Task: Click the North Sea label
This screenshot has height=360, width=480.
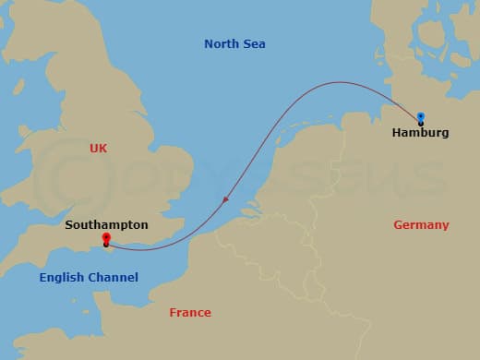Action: [x=234, y=43]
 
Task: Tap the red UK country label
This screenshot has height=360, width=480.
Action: [x=99, y=148]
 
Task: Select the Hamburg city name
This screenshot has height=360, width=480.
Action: [x=420, y=133]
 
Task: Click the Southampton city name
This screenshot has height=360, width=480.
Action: [x=106, y=224]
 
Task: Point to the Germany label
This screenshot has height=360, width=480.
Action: [x=421, y=225]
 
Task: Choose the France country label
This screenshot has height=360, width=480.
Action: [x=190, y=313]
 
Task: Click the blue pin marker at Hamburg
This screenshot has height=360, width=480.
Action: [x=420, y=117]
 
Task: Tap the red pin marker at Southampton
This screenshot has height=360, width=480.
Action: [x=106, y=240]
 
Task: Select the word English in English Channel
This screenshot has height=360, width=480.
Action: [x=61, y=278]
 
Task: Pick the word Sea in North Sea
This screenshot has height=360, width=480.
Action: [x=254, y=43]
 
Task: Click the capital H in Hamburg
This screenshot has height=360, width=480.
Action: [x=397, y=133]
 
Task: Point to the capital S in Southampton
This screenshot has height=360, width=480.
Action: [x=69, y=224]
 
